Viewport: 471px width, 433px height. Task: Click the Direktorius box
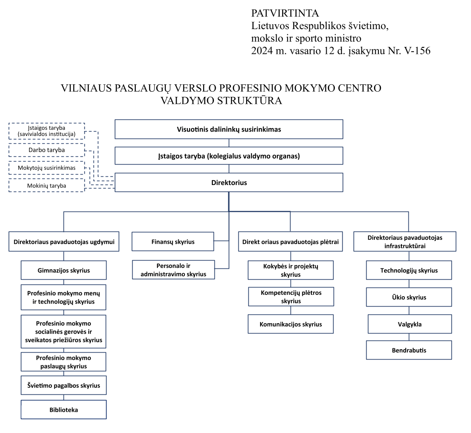click(x=229, y=182)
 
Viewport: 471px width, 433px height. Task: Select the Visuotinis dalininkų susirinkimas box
click(x=229, y=129)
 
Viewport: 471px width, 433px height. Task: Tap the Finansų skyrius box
click(x=173, y=241)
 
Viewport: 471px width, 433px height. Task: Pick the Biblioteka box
click(x=63, y=410)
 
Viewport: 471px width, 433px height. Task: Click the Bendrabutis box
click(x=409, y=350)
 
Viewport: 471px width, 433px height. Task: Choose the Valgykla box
click(x=410, y=324)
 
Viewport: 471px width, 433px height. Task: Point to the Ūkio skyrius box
click(x=409, y=297)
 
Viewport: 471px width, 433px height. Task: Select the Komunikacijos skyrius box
click(x=291, y=324)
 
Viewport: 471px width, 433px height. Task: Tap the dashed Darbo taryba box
click(x=47, y=150)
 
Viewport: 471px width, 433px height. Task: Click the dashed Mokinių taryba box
click(x=47, y=185)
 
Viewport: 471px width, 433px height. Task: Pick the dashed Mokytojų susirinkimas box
click(x=47, y=168)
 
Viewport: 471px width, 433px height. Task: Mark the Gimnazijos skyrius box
click(x=63, y=270)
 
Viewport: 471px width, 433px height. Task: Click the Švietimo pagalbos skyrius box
click(x=63, y=385)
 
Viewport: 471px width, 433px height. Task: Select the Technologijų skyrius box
click(x=409, y=270)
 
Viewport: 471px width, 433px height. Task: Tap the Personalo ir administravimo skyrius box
click(x=174, y=270)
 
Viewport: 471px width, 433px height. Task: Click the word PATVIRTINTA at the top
click(x=285, y=13)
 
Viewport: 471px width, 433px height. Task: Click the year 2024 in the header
click(x=262, y=51)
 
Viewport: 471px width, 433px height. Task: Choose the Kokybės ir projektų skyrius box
click(x=291, y=270)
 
